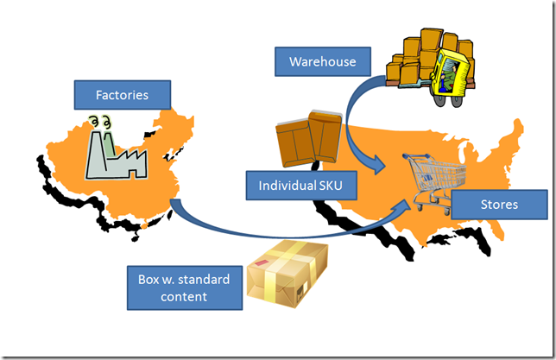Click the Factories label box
[123, 95]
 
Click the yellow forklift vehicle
[454, 73]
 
